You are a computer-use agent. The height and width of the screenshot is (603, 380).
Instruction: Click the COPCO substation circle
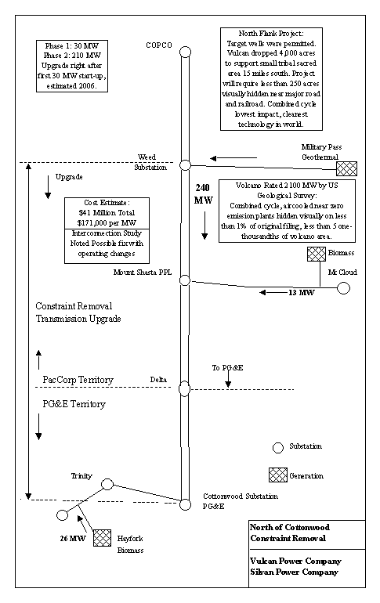186,52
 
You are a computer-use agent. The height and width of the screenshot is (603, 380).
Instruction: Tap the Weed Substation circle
186,165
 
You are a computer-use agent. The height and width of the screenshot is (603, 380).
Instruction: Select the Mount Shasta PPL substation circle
185,280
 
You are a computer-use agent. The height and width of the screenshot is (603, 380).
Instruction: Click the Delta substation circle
185,388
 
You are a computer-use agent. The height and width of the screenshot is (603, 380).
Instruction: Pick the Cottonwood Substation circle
185,504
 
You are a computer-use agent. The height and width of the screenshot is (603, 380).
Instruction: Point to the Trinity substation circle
107,484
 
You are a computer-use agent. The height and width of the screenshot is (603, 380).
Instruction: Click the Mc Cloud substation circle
343,287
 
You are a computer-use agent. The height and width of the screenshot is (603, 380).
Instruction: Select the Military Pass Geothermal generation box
346,168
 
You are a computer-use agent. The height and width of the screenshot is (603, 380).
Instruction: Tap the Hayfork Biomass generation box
103,538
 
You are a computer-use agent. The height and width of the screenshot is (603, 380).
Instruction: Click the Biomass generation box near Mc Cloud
317,255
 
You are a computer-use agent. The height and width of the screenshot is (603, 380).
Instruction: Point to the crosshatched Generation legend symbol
277,475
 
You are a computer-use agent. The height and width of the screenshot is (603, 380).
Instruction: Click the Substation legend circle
277,448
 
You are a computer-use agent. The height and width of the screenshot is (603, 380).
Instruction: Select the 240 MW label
203,194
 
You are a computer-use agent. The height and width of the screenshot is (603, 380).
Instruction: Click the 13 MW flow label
301,293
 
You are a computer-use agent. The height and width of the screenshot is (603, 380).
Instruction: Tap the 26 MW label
73,539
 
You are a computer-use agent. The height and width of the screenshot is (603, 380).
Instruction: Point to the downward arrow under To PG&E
228,380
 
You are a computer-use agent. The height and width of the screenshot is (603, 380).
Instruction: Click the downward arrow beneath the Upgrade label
48,187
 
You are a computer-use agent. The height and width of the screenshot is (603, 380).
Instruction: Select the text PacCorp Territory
78,380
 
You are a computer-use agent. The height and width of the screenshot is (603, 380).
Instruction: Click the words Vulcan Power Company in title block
295,561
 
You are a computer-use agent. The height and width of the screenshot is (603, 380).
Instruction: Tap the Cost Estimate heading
107,202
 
